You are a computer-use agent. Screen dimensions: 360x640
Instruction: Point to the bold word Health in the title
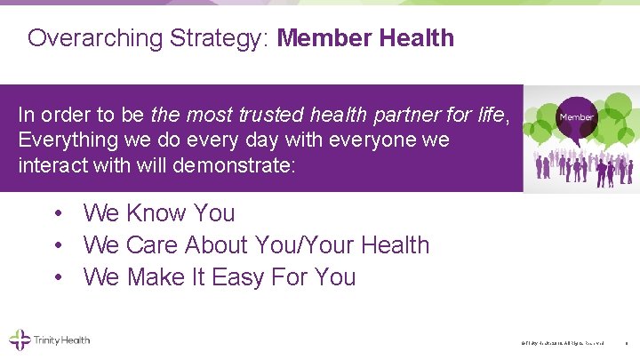point(416,38)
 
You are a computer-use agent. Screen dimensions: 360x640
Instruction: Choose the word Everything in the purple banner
point(68,140)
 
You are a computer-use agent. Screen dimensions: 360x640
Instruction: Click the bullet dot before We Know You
point(57,214)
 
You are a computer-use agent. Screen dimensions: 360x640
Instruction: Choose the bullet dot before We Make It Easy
point(57,278)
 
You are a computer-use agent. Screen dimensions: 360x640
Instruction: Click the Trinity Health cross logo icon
point(20,340)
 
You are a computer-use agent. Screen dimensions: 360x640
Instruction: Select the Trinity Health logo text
point(61,340)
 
